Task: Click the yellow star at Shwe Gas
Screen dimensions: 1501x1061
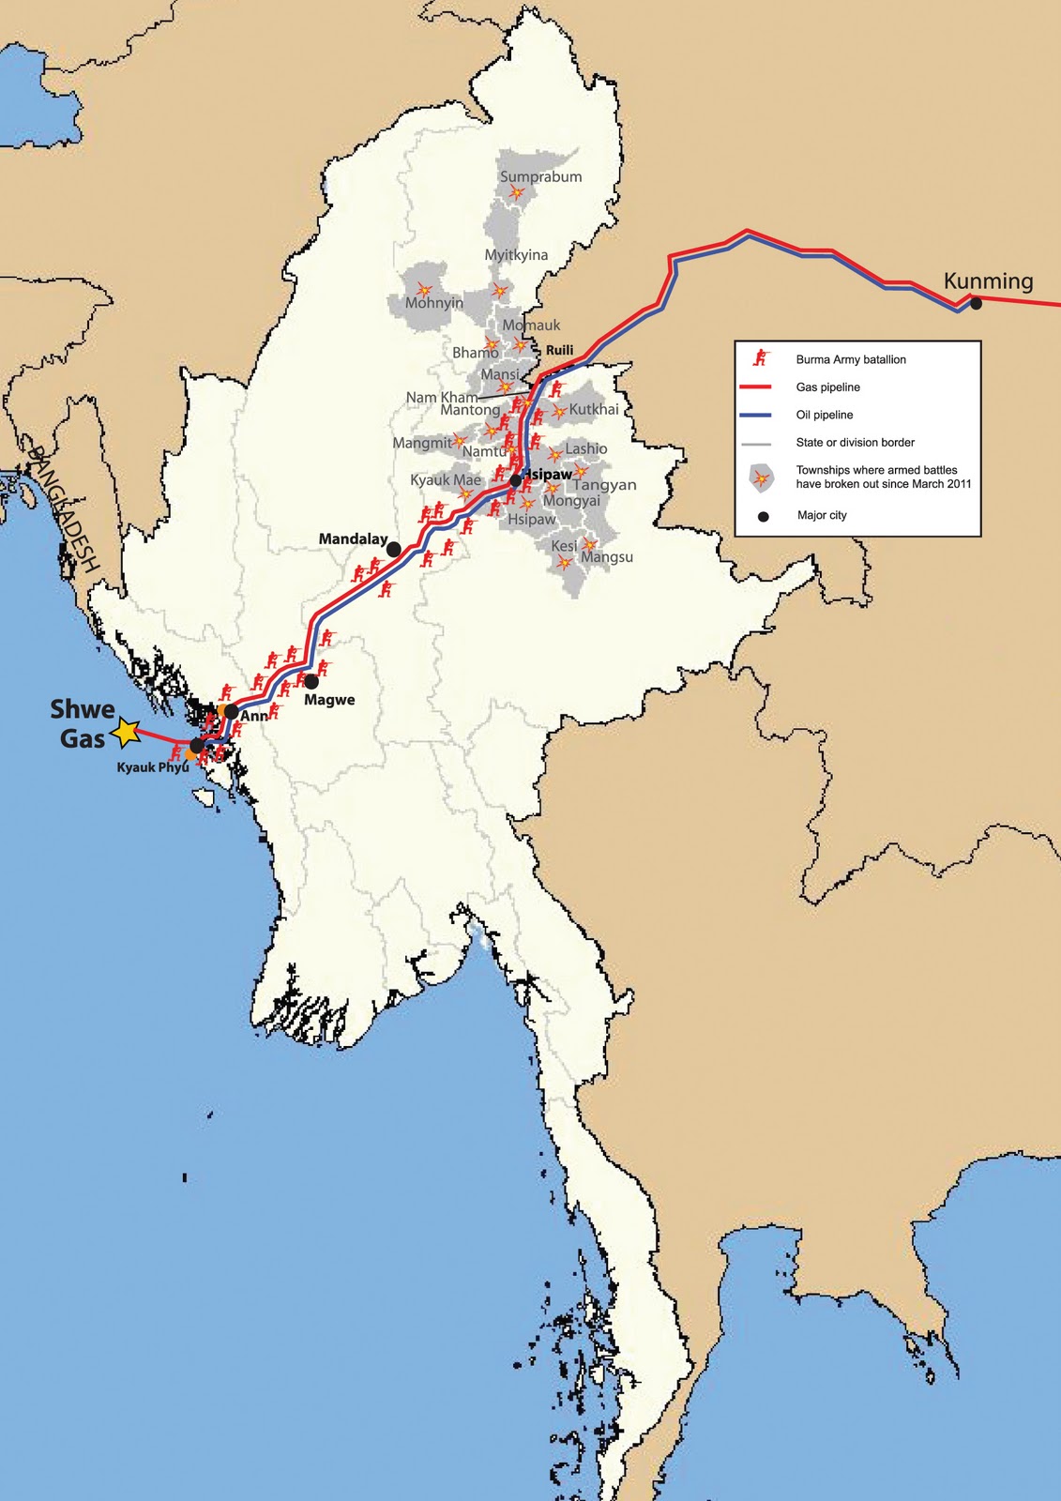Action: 126,733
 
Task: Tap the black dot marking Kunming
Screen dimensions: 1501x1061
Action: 976,303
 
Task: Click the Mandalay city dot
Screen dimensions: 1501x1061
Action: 394,548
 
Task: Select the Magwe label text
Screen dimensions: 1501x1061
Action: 329,700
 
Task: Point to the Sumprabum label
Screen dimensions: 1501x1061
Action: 540,176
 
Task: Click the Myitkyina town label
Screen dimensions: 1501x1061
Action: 516,255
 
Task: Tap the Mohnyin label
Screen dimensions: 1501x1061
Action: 434,303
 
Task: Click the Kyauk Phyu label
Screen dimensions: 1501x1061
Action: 152,767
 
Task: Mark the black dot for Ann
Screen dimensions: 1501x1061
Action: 232,711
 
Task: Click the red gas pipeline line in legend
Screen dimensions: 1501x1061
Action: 755,387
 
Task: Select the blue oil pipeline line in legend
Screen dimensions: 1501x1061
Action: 755,415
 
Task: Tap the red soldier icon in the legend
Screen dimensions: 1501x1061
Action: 762,358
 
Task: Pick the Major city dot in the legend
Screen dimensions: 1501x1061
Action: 763,516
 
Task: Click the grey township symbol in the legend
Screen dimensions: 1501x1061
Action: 762,478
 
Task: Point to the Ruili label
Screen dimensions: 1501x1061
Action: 559,350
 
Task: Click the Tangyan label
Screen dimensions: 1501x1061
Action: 604,485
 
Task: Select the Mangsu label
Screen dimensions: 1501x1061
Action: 607,557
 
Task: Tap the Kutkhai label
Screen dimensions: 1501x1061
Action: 594,409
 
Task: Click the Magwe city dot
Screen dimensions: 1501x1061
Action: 311,681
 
